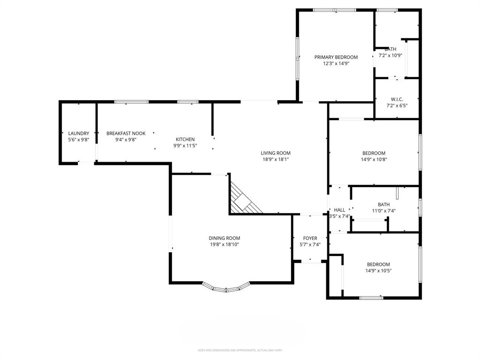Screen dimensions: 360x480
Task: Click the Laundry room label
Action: pos(78,134)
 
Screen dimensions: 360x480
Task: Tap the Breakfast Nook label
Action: pos(126,134)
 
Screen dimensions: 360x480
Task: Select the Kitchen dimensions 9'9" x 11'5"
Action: pos(185,146)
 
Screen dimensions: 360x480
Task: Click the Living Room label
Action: pos(276,153)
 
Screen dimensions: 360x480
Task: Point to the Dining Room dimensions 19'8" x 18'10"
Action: pos(224,244)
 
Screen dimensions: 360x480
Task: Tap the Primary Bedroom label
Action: pos(336,57)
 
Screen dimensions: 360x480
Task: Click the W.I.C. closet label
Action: pos(397,99)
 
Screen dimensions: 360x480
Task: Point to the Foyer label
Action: pos(310,238)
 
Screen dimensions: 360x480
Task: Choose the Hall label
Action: pos(339,210)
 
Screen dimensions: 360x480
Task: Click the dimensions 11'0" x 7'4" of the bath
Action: pos(384,211)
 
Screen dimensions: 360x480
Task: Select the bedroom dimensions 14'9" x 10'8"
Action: pos(374,159)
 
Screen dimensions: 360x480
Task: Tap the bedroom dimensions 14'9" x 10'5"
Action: pos(378,270)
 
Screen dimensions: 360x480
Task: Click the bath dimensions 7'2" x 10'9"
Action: pos(390,55)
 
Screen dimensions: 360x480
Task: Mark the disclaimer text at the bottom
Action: pos(240,350)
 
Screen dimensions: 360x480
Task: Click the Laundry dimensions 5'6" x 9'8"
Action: pos(78,140)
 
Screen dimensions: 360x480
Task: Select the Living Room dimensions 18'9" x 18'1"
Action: pos(276,159)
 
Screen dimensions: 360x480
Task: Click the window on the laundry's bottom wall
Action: pos(86,163)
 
